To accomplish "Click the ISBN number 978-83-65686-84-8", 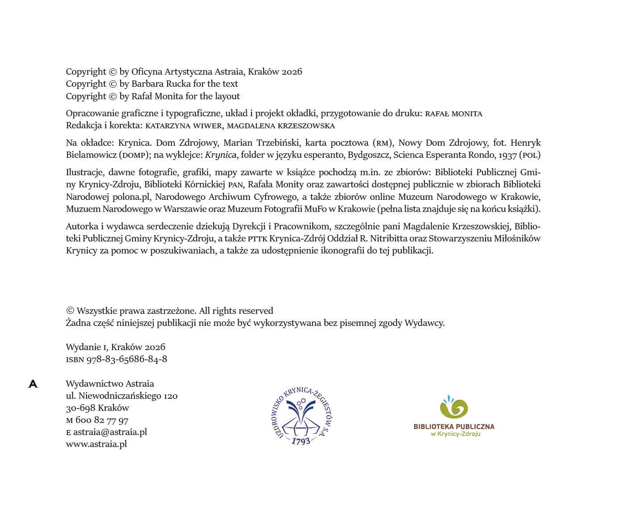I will pyautogui.click(x=127, y=359).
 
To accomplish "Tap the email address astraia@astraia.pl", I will pyautogui.click(x=110, y=432).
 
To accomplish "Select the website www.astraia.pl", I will pyautogui.click(x=96, y=444).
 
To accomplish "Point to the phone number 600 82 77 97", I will pyautogui.click(x=102, y=420).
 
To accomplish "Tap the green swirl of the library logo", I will pyautogui.click(x=454, y=408).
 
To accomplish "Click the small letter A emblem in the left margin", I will pyautogui.click(x=33, y=384).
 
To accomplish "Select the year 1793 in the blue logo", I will pyautogui.click(x=301, y=441).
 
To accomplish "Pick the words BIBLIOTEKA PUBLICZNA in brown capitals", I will pyautogui.click(x=454, y=427).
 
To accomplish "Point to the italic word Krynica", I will pyautogui.click(x=221, y=155).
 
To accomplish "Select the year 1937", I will pyautogui.click(x=507, y=155).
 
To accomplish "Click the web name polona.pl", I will pyautogui.click(x=132, y=197).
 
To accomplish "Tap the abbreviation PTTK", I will pyautogui.click(x=257, y=239).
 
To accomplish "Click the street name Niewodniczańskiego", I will pyautogui.click(x=120, y=396).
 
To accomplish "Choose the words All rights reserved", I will pyautogui.click(x=236, y=311).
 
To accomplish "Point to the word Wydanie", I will pyautogui.click(x=83, y=347).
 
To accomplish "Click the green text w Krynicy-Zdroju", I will pyautogui.click(x=456, y=434).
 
